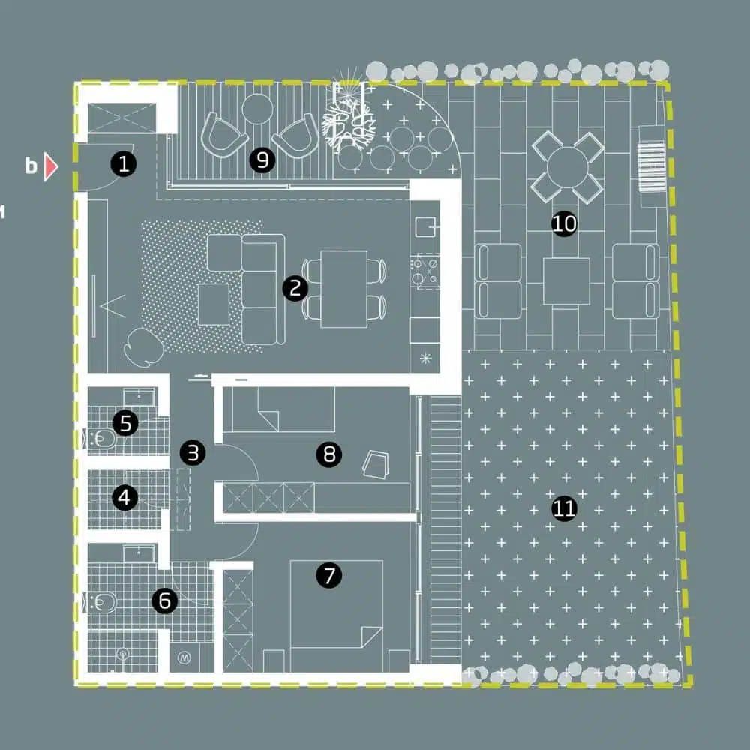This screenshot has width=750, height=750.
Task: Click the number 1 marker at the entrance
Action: [123, 163]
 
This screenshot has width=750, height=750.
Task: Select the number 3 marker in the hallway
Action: [193, 452]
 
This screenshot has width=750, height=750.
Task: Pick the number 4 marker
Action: [124, 497]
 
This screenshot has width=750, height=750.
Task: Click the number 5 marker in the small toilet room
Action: [125, 423]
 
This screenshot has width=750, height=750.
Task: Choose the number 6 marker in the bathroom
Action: [164, 601]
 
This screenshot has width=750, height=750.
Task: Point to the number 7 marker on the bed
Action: [328, 575]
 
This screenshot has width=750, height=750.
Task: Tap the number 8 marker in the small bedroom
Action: [328, 454]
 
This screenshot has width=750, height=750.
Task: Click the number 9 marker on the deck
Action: [262, 160]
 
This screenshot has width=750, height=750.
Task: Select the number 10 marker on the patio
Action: [563, 223]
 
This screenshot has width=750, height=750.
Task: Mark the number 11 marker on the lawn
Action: [563, 509]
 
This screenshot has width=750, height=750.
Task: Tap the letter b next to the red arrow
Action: [31, 166]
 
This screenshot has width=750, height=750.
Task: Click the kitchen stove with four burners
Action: [424, 270]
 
